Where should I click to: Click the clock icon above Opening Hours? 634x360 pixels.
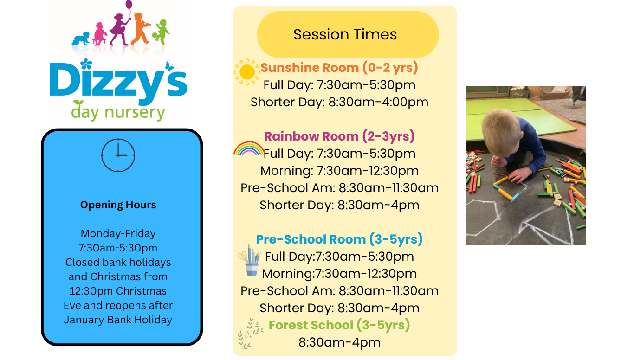118,155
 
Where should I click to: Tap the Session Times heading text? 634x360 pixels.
345,34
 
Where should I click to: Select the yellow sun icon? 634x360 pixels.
247,72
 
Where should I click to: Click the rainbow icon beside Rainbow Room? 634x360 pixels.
248,148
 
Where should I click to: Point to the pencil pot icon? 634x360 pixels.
250,260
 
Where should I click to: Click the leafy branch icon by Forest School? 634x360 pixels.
250,334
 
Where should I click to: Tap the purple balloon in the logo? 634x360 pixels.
129,5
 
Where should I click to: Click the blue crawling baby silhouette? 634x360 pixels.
81,39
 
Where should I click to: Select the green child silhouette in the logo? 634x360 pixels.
161,32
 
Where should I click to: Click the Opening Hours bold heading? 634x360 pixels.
118,205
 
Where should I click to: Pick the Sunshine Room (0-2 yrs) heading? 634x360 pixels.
339,68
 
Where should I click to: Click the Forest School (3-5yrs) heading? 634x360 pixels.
339,325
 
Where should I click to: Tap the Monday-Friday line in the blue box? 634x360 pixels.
118,234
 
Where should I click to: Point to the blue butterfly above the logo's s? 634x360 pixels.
169,65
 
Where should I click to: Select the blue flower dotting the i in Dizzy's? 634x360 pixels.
86,64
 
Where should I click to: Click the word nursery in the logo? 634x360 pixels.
135,113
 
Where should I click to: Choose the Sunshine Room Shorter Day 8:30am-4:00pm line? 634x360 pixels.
339,102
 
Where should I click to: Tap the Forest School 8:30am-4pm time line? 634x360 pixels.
339,342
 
